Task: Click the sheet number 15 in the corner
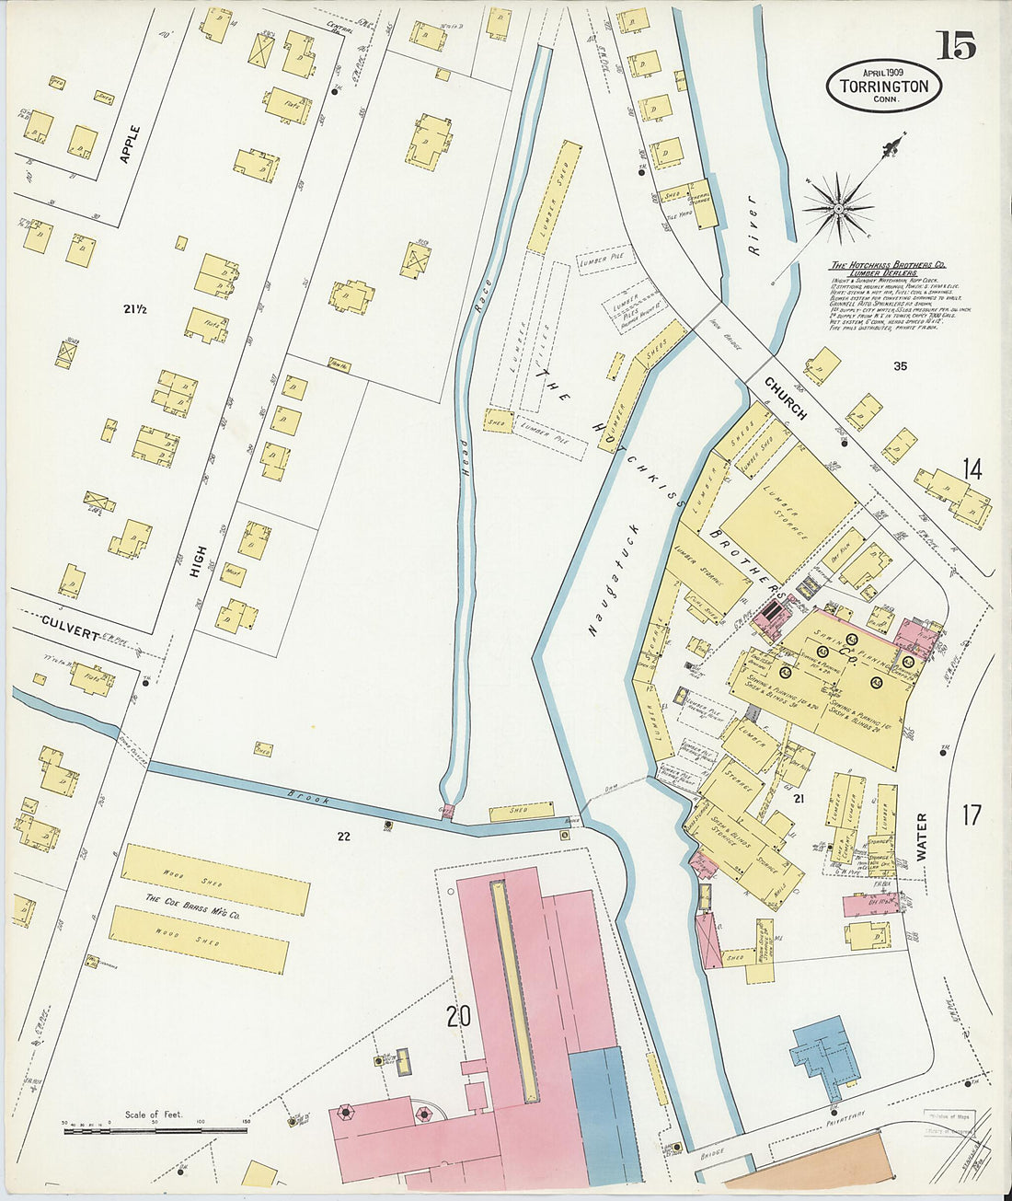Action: click(x=957, y=44)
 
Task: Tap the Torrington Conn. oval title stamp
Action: click(x=883, y=86)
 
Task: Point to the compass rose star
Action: click(x=839, y=209)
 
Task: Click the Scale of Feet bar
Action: click(x=155, y=1128)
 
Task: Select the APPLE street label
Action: click(x=131, y=144)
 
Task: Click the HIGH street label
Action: click(x=198, y=562)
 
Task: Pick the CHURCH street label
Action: click(x=784, y=398)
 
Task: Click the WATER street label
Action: click(x=921, y=836)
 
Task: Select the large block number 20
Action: click(x=458, y=1017)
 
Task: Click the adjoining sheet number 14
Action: click(x=972, y=469)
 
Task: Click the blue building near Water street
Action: click(x=828, y=1056)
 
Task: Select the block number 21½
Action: click(x=135, y=309)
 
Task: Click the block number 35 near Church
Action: click(x=900, y=366)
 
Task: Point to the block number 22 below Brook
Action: click(x=344, y=836)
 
